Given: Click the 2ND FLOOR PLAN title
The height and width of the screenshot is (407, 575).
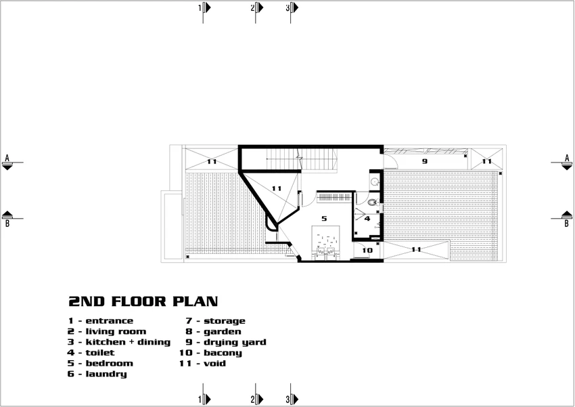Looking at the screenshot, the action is tap(143, 301).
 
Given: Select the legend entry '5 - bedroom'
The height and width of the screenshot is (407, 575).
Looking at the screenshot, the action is tap(100, 364).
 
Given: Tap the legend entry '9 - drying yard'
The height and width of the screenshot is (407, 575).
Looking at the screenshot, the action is tap(226, 342).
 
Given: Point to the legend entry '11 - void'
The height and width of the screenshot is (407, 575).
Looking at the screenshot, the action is tap(202, 364).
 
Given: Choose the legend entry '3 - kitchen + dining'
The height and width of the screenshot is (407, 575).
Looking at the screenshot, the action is tap(119, 342).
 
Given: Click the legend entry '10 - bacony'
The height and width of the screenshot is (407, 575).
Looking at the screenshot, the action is tap(210, 353).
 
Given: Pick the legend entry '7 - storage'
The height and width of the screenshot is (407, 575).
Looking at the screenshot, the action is tap(215, 321).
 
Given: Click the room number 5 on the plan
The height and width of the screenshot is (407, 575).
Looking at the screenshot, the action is tap(324, 219).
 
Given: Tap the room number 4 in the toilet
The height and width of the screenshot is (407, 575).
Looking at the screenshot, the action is tap(367, 219).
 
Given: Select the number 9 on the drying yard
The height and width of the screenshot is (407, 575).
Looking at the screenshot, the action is tap(425, 161).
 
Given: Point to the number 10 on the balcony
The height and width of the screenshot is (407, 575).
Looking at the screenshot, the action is tap(367, 251).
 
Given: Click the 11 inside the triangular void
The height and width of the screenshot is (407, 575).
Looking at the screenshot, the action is tap(277, 189).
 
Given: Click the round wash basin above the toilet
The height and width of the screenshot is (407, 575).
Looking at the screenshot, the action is tap(374, 181).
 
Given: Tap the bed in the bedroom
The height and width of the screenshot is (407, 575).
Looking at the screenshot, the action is tap(326, 243).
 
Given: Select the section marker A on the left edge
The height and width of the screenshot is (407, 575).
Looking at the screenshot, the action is tap(7, 163).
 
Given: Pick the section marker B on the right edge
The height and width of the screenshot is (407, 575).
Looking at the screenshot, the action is tap(567, 218).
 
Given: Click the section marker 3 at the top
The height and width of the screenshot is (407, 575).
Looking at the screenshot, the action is tap(292, 7).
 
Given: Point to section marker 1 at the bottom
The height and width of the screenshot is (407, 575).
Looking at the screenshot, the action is tap(204, 399).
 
